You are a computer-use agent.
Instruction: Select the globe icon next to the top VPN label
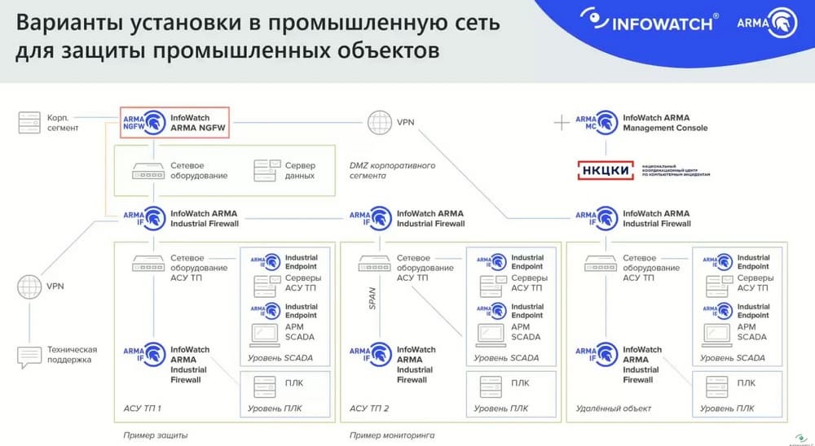[x=379, y=123]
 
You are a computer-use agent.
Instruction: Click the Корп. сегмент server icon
[x=29, y=123]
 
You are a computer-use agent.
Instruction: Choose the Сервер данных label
[x=299, y=170]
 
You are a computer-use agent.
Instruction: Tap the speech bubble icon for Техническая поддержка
[x=29, y=355]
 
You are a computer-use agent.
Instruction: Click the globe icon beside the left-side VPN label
[x=29, y=286]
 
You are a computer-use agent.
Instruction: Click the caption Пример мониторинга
[x=392, y=435]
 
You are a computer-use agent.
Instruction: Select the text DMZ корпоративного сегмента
[x=391, y=170]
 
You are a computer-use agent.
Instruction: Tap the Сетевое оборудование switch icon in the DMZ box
[x=148, y=170]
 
